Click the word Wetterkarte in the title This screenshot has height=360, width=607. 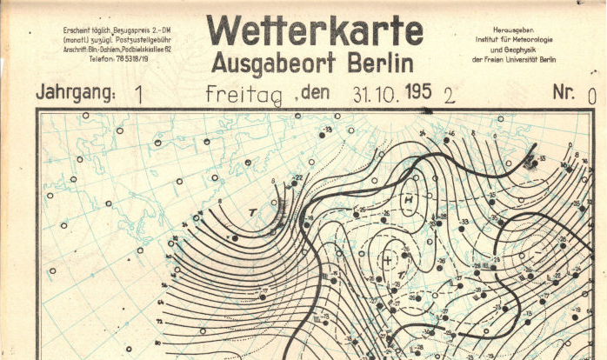pos(315,31)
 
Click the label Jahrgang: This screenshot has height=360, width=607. pos(75,92)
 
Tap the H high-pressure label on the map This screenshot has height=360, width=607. pos(407,200)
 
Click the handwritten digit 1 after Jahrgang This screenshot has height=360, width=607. pos(140,94)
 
